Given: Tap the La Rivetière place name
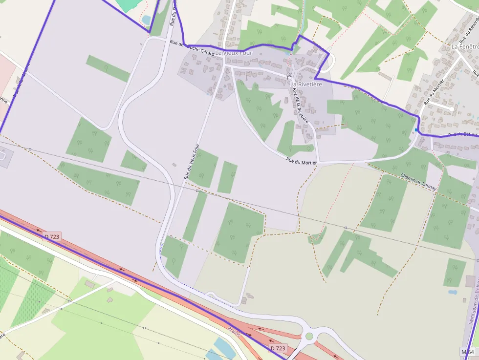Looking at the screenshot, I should (x=306, y=85).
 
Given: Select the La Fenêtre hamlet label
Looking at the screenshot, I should (x=464, y=46).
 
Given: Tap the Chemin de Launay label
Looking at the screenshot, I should (x=417, y=181).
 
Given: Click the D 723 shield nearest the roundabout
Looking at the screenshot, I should (x=278, y=348).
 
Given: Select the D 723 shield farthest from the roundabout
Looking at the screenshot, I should (x=52, y=237).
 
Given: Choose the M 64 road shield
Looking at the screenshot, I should (x=468, y=352).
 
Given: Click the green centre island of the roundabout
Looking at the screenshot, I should (x=309, y=336).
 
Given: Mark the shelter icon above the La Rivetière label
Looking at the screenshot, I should (x=289, y=77).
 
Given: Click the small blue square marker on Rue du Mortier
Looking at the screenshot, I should (x=416, y=130).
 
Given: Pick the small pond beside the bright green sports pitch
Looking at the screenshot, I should (x=146, y=20).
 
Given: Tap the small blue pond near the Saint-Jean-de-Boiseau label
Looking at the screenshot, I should (x=453, y=292).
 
